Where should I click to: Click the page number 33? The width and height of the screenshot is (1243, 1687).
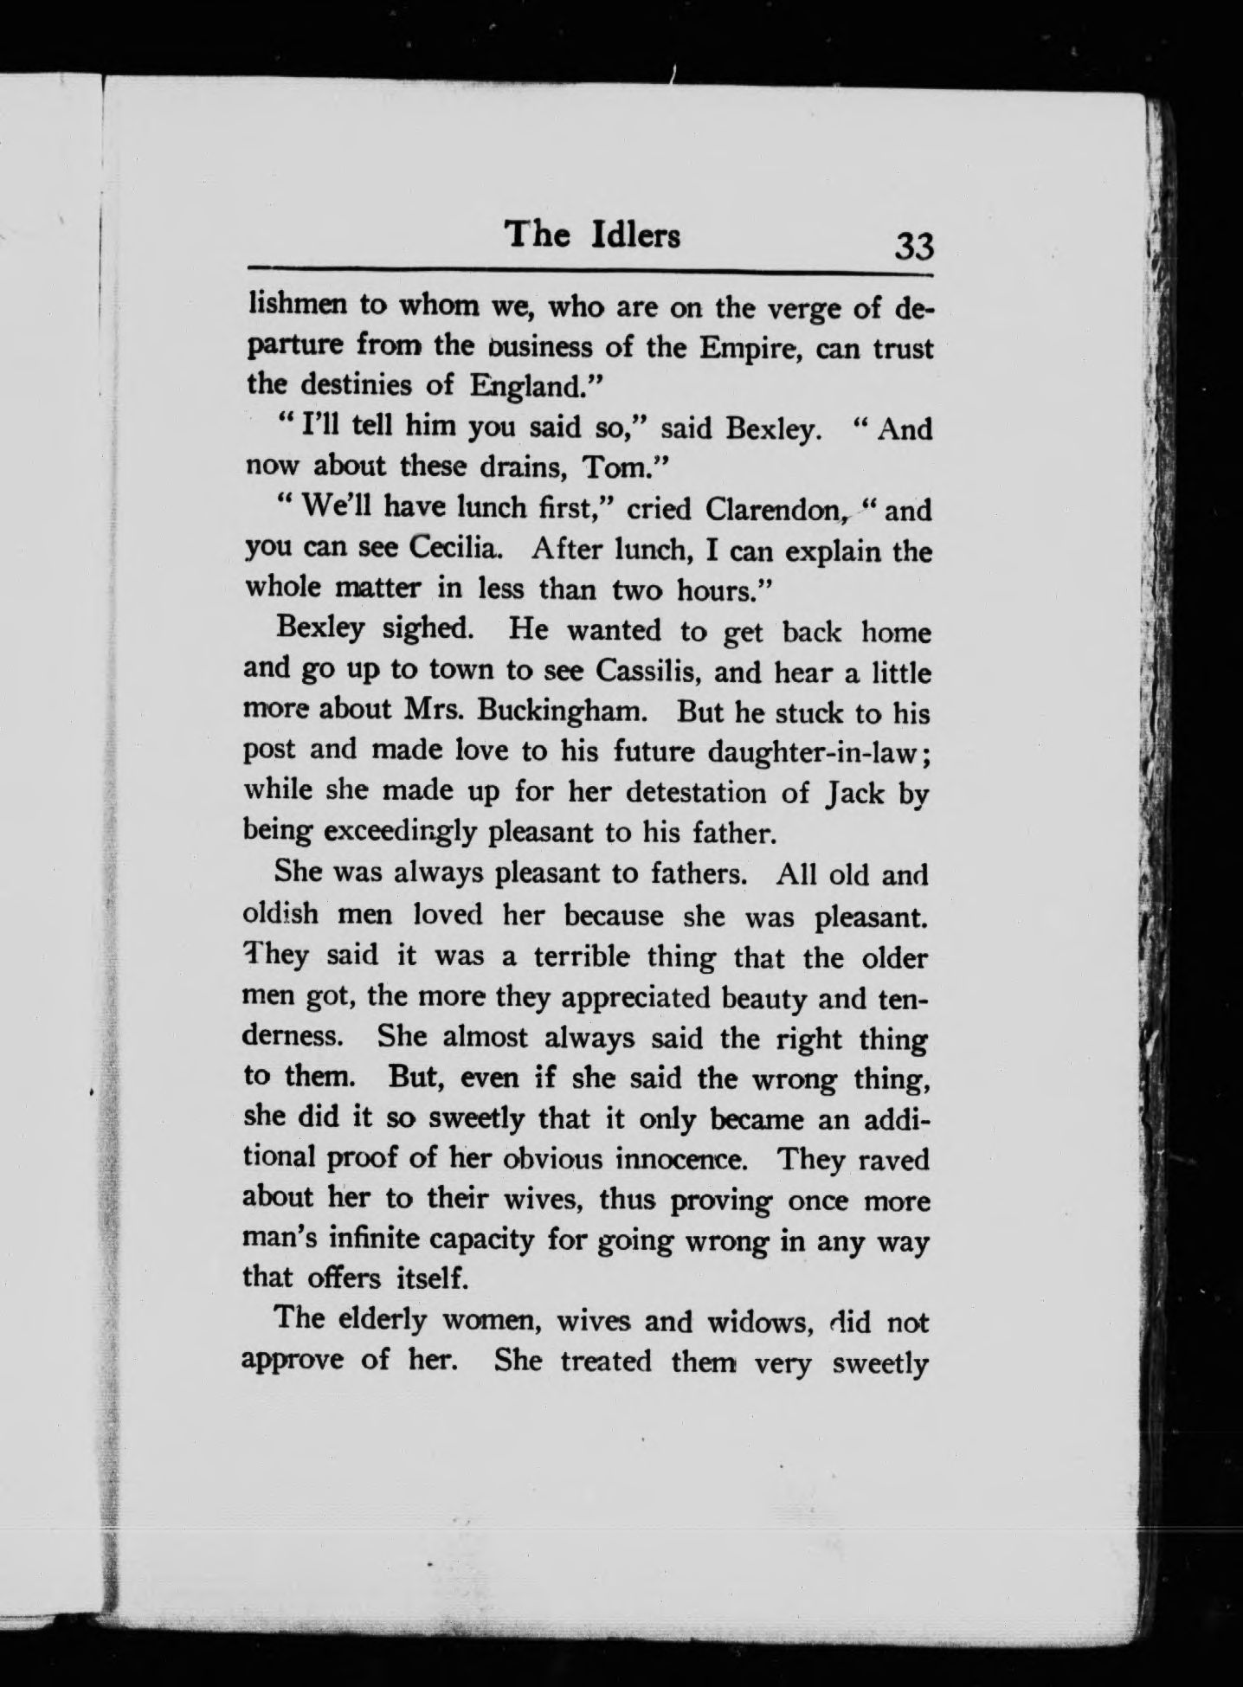[915, 247]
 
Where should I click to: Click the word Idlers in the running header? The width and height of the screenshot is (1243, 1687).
[635, 235]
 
